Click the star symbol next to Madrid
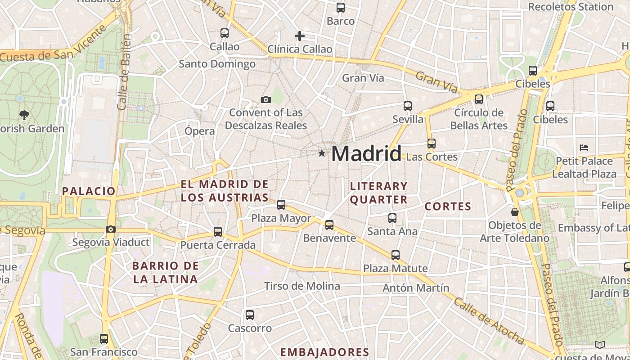click(x=321, y=153)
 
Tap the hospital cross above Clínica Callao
click(x=300, y=36)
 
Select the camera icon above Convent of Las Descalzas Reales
click(x=266, y=99)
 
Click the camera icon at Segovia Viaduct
click(x=110, y=229)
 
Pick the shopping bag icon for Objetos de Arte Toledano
click(x=515, y=211)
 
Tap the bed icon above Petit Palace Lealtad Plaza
click(x=584, y=147)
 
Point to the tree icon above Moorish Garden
click(x=24, y=115)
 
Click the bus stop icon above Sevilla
click(x=408, y=106)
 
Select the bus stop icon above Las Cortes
click(x=432, y=144)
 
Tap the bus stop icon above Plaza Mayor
click(x=281, y=205)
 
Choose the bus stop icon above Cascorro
click(x=250, y=315)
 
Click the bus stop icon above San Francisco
click(x=104, y=338)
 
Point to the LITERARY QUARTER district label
click(x=378, y=193)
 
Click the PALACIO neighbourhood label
click(x=89, y=191)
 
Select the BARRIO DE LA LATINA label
click(x=165, y=272)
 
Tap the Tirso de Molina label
click(x=302, y=286)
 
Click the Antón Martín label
click(x=416, y=288)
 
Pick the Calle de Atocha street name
click(x=488, y=321)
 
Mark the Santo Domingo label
click(x=217, y=64)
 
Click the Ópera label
click(x=200, y=131)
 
